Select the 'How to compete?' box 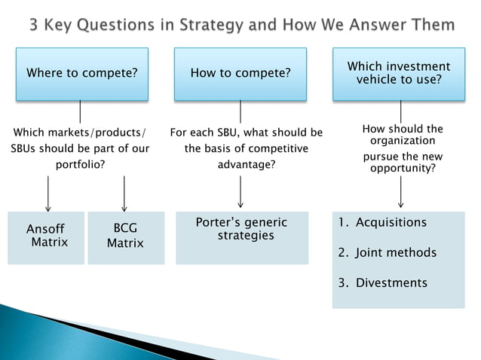coord(240,74)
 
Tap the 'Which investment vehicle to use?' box coord(399,74)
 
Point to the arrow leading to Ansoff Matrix coord(48,194)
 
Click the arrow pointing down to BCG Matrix coord(124,194)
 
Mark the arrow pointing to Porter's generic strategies coord(240,191)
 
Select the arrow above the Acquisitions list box coord(400,191)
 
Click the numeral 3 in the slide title coord(34,26)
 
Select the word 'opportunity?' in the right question coord(403,168)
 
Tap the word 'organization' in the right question coord(403,141)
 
